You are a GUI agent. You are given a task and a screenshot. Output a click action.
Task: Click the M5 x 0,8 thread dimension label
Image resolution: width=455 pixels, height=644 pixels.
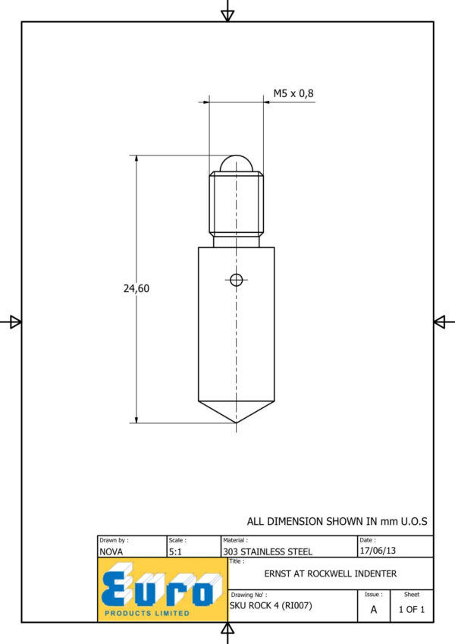click(293, 93)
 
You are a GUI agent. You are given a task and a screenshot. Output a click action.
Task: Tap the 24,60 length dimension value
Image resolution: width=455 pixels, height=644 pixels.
click(136, 288)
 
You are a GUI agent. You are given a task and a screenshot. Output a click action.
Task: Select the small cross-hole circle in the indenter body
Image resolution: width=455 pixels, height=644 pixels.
click(236, 280)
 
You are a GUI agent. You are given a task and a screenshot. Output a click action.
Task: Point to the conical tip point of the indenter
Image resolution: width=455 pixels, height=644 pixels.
click(236, 423)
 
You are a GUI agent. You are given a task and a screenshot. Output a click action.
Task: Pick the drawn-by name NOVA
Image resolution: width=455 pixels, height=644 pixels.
click(111, 551)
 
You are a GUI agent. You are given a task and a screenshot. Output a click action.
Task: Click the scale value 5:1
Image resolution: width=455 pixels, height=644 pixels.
click(175, 551)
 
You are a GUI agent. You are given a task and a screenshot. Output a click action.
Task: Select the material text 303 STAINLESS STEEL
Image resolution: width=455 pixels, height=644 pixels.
click(268, 551)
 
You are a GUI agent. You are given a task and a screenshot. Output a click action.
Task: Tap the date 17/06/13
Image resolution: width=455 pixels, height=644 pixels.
click(378, 551)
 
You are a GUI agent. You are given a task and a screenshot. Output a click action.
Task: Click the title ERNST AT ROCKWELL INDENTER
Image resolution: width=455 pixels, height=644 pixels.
click(330, 573)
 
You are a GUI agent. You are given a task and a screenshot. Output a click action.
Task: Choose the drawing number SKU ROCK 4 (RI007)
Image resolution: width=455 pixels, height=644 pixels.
click(271, 605)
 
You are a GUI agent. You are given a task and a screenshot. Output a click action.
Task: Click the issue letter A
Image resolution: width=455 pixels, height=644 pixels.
click(373, 610)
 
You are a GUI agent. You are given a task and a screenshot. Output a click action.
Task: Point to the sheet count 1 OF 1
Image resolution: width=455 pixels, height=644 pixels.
click(412, 610)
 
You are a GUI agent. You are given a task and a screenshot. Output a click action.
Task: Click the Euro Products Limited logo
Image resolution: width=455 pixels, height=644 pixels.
click(162, 589)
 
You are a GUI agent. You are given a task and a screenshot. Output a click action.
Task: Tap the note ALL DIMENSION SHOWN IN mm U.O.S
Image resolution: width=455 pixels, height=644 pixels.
click(337, 521)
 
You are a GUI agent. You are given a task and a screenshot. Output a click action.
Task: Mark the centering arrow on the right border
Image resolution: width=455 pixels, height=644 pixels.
click(439, 322)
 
